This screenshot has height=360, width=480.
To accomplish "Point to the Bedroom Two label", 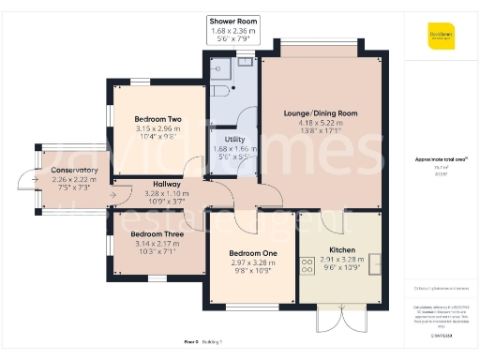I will click(157, 119).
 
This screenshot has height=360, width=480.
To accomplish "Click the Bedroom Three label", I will click(157, 233).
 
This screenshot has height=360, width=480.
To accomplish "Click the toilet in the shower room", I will click(217, 66).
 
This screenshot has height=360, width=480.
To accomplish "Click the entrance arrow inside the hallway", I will click(113, 196).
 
